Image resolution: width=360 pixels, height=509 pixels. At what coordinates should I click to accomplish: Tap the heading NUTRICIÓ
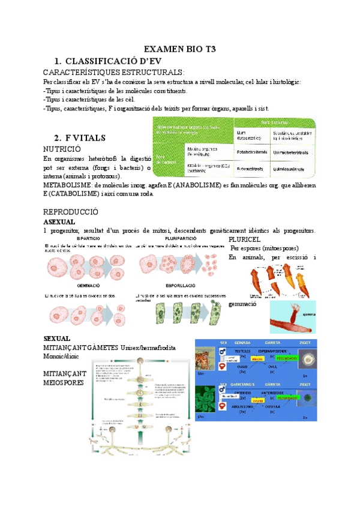(x=62, y=148)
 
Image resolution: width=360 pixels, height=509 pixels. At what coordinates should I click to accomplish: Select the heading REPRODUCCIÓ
(x=71, y=212)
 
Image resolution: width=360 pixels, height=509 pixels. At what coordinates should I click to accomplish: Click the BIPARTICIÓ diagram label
(x=88, y=239)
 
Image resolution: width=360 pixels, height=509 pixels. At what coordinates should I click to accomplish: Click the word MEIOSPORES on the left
(x=64, y=382)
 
